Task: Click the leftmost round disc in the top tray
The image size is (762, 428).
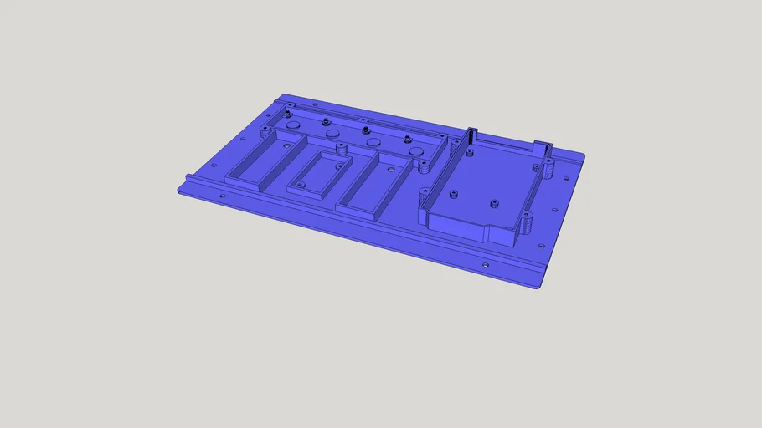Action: coord(293,125)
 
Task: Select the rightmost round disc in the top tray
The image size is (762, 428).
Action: coord(416,151)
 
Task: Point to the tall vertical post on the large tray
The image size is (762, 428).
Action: coord(470,139)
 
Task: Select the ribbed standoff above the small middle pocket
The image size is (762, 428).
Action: coord(342,149)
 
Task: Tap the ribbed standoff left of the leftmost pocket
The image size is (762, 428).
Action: coord(266,130)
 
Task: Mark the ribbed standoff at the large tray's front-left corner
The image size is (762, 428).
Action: coord(423,197)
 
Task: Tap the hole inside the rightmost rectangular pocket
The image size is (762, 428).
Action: coord(392,167)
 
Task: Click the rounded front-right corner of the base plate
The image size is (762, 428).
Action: coord(538,285)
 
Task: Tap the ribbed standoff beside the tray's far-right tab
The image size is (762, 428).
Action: coord(550,169)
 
